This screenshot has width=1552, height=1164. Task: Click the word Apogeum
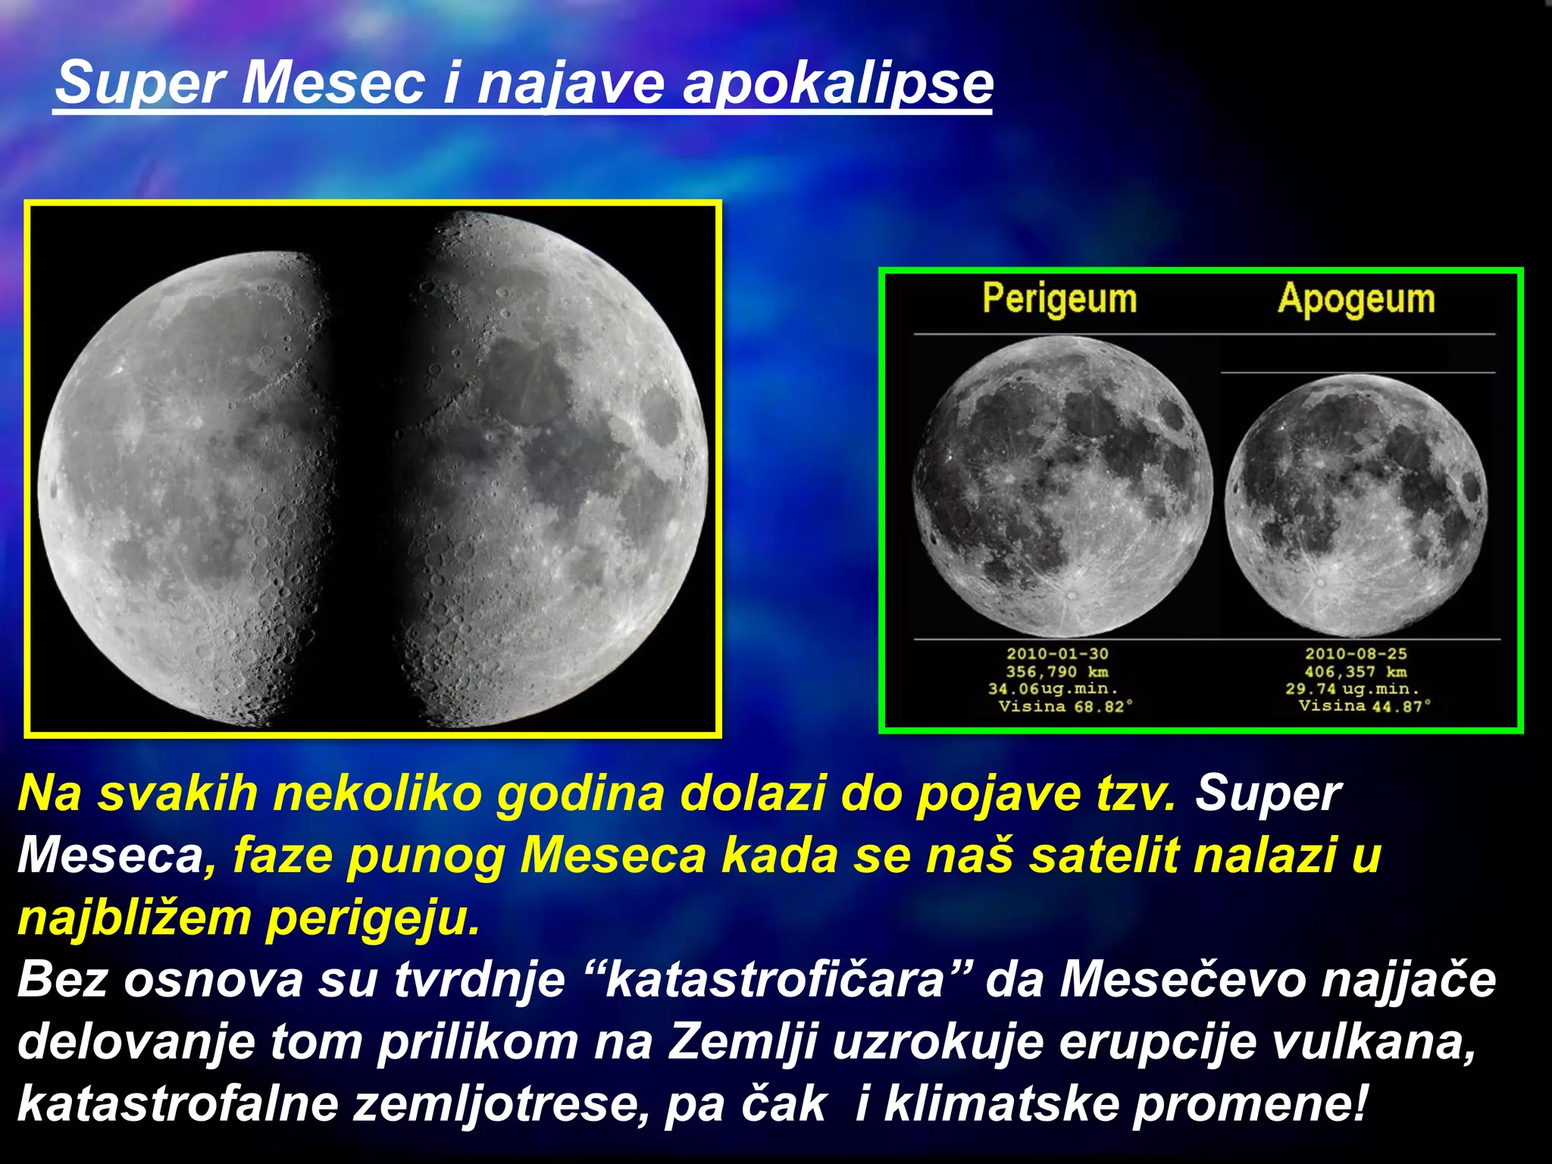point(1356,299)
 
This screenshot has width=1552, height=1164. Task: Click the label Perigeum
point(1059,299)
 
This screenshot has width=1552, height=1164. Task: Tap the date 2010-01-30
point(1057,653)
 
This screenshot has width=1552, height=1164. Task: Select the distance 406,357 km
point(1355,671)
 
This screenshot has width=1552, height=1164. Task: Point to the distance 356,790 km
point(1057,671)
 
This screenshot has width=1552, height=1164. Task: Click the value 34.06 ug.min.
point(1053,689)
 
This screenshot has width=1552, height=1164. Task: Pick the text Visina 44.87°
point(1364,706)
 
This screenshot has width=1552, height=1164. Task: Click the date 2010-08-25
point(1355,653)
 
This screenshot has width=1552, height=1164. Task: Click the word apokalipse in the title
point(837,83)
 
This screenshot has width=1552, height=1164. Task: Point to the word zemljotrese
point(501,1103)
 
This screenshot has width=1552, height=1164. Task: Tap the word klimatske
point(1000,1103)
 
